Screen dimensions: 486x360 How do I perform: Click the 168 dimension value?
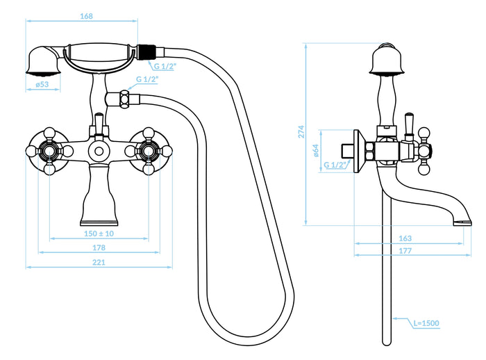86,16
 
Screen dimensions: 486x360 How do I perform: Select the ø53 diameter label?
42,84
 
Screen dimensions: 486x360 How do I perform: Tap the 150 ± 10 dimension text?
99,234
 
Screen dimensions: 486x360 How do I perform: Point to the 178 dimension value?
99,247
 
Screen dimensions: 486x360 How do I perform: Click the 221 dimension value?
99,262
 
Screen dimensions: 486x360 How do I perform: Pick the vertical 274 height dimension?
301,131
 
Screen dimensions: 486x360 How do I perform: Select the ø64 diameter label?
316,151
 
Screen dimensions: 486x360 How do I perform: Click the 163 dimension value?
405,238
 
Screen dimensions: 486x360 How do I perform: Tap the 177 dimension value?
405,250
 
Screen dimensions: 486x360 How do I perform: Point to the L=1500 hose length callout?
426,323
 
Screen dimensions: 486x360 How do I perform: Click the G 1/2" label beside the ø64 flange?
335,165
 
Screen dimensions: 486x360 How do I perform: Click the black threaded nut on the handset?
146,52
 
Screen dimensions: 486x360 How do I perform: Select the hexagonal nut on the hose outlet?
125,99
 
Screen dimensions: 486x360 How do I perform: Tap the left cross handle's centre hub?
49,151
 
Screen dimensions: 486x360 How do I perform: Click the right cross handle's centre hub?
149,151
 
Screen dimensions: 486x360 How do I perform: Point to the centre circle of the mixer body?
99,151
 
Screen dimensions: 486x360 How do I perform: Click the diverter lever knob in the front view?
99,119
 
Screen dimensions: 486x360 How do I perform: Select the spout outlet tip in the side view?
462,222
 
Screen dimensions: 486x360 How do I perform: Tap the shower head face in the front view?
43,73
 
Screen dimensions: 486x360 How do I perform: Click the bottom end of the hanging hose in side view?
387,343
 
